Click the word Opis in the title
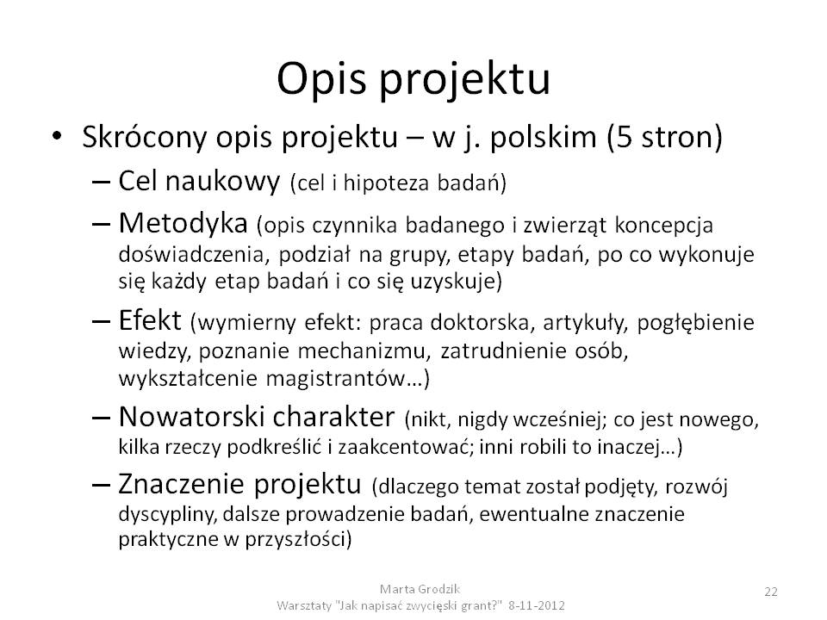(x=321, y=80)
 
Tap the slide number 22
(x=770, y=592)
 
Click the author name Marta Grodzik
(x=420, y=589)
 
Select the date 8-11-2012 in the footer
(x=537, y=605)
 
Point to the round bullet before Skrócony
(x=57, y=136)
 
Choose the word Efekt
(x=150, y=319)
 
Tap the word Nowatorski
(x=190, y=417)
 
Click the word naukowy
(x=222, y=181)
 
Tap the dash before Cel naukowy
(x=102, y=182)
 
